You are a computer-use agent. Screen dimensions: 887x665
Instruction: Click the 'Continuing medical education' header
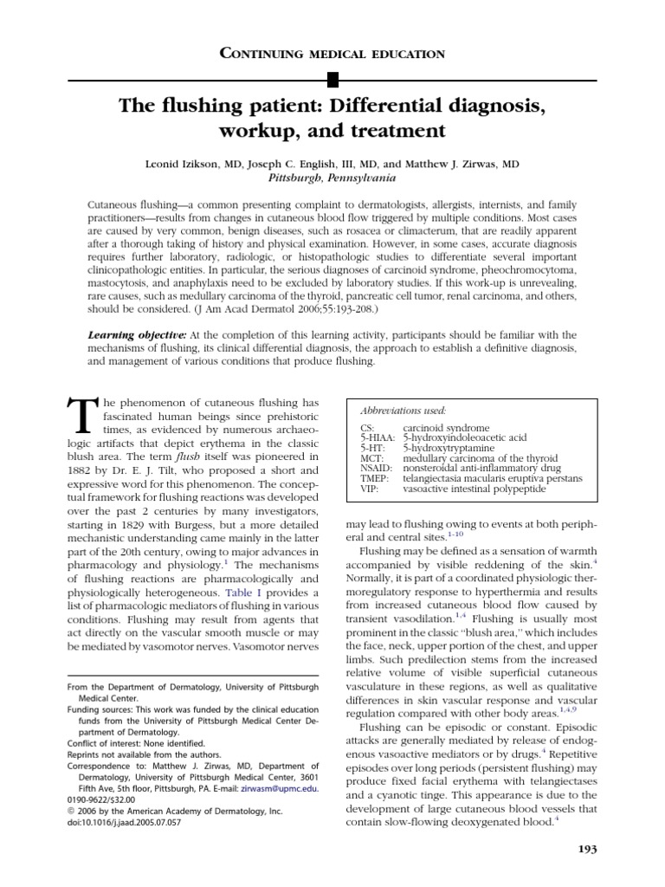(332, 54)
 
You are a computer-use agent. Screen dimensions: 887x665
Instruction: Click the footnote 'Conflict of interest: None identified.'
(136, 743)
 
